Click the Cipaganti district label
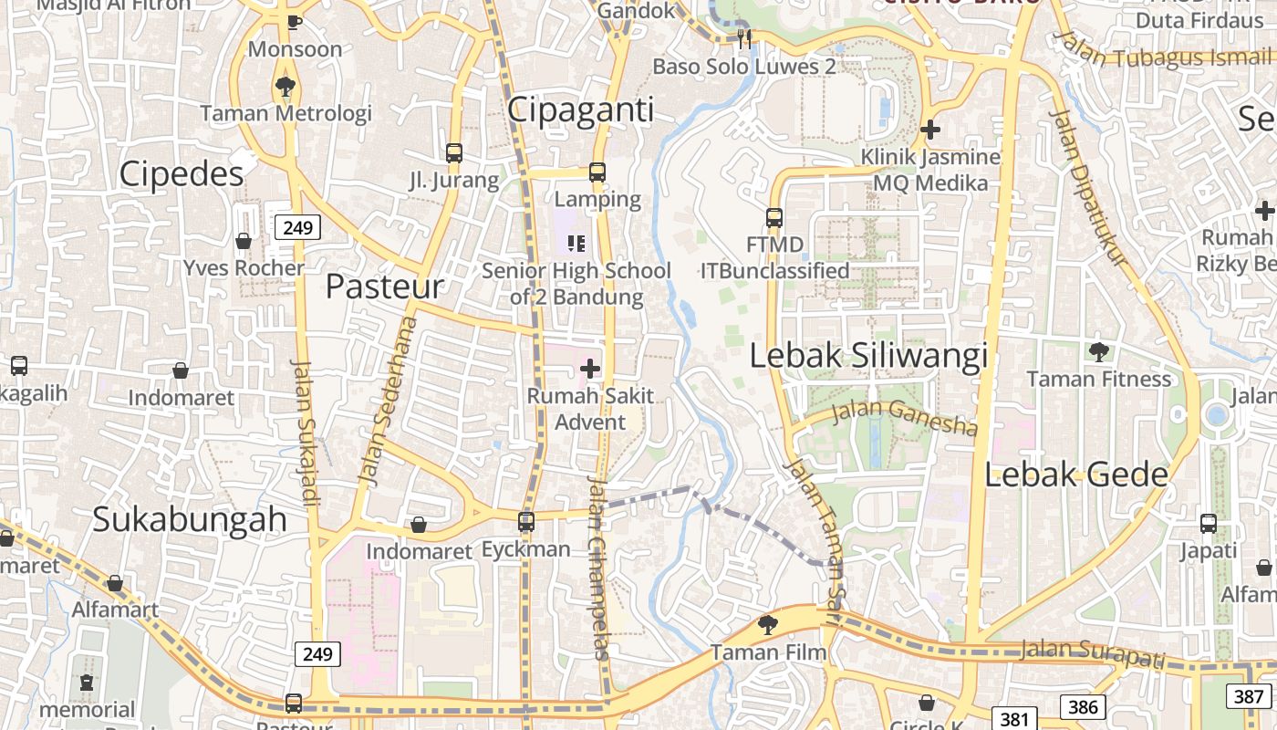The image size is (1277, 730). [580, 109]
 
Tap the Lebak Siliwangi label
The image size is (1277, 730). [868, 356]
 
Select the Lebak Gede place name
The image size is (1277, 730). [1076, 474]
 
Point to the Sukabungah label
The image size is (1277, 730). [190, 519]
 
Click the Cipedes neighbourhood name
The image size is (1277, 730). [182, 173]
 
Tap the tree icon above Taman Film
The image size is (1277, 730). [768, 625]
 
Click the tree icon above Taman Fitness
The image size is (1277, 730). [1099, 351]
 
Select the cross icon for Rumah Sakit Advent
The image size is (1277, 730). [590, 369]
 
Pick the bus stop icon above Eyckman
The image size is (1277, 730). [526, 522]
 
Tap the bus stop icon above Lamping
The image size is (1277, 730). [597, 172]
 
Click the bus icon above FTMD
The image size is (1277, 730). [774, 218]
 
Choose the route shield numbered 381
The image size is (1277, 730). [1014, 719]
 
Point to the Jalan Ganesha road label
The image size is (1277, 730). [905, 418]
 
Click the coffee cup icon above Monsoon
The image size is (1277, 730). [294, 22]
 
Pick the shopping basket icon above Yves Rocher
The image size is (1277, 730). [244, 241]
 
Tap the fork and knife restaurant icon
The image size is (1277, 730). [744, 38]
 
